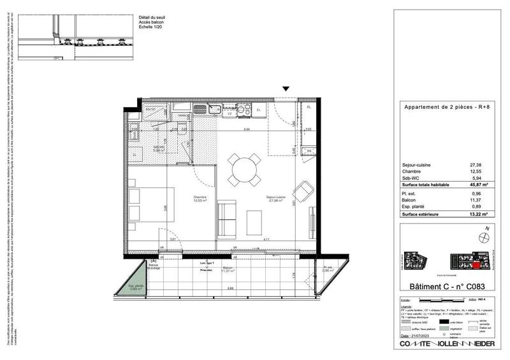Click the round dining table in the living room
click(x=243, y=169)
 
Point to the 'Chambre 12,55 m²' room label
click(x=202, y=199)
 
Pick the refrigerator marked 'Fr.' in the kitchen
click(x=259, y=111)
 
